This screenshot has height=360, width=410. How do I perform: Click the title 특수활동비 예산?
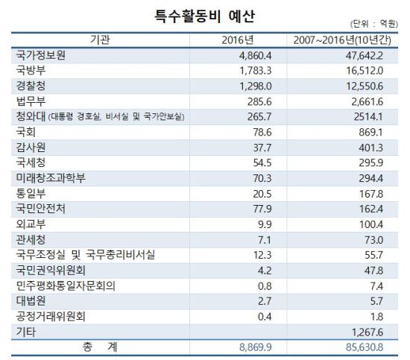[x=204, y=16]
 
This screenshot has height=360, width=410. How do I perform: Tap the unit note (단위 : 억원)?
[x=374, y=24]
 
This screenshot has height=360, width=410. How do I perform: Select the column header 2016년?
[x=238, y=40]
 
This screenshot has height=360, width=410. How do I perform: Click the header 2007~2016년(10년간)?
[x=342, y=40]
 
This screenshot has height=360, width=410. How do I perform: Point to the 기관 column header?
[x=100, y=40]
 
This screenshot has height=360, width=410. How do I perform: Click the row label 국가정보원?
[x=40, y=55]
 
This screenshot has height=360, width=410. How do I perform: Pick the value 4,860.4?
[x=256, y=55]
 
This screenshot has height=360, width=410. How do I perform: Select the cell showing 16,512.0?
[x=365, y=71]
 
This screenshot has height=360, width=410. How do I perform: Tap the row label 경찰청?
[x=31, y=86]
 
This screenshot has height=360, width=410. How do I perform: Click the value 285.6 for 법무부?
[x=259, y=101]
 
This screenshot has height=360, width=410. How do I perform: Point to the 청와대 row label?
[x=31, y=116]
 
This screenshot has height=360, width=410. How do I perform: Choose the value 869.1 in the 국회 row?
[x=370, y=132]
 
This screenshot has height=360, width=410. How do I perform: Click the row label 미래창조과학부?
[x=51, y=178]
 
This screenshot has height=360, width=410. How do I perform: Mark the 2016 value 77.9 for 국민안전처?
[x=262, y=209]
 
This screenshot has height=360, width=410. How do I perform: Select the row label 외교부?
[x=31, y=224]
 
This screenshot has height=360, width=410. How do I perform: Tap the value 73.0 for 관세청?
[x=374, y=240]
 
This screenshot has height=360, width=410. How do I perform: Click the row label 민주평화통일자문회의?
[x=66, y=285]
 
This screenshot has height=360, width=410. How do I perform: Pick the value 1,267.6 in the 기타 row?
[x=368, y=332]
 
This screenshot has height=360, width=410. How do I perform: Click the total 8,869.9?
[x=256, y=347]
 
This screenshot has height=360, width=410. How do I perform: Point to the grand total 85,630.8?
[x=365, y=347]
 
